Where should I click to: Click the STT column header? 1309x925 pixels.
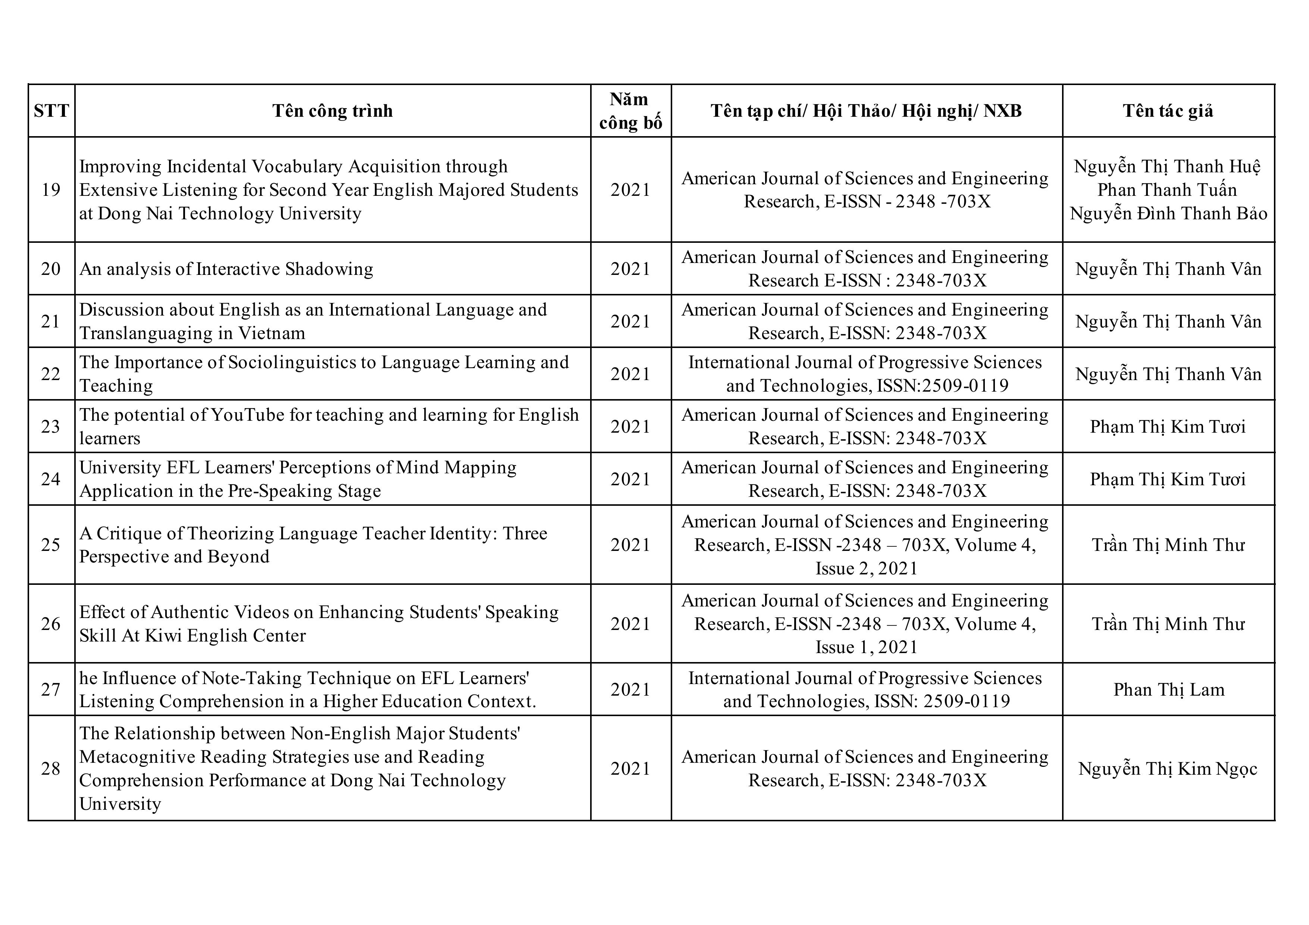[51, 110]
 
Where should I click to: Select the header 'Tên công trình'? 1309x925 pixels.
[332, 110]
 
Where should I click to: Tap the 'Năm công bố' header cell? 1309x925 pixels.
[630, 110]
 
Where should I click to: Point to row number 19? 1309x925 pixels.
[51, 190]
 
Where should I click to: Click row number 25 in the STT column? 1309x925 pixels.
[51, 545]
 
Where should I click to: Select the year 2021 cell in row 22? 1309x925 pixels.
[630, 374]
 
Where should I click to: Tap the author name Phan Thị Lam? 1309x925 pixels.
[1169, 690]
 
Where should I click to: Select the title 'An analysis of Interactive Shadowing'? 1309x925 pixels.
[226, 269]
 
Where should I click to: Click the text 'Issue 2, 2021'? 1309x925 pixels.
[867, 568]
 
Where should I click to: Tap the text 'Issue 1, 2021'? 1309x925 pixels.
[867, 647]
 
